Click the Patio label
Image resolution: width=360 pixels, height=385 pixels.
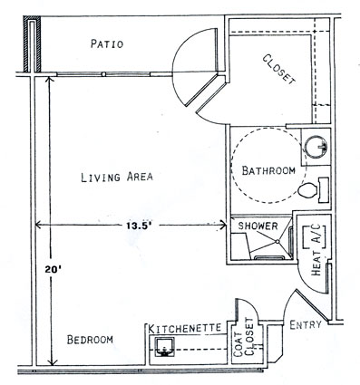[x=107, y=43]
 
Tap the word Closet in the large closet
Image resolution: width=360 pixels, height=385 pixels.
[x=278, y=70]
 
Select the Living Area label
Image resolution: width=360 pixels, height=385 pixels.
[x=117, y=177]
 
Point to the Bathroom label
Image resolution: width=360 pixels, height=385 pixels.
[x=268, y=170]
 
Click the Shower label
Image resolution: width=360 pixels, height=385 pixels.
[x=258, y=226]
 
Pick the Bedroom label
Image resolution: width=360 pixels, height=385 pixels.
[x=90, y=340]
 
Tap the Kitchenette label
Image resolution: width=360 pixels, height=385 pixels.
[x=185, y=328]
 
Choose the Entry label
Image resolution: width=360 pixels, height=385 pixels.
[x=306, y=325]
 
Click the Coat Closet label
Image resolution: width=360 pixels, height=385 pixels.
[x=246, y=341]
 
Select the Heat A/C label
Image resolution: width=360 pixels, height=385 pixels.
[x=316, y=250]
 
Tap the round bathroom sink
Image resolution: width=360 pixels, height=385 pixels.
[x=316, y=146]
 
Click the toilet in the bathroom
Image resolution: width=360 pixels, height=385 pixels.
[x=313, y=190]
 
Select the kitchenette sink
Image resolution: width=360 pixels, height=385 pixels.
[x=164, y=347]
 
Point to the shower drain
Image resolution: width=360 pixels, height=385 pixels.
[x=277, y=241]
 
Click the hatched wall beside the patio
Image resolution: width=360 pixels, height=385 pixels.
[x=32, y=44]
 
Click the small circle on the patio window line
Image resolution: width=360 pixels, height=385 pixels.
[x=103, y=74]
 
